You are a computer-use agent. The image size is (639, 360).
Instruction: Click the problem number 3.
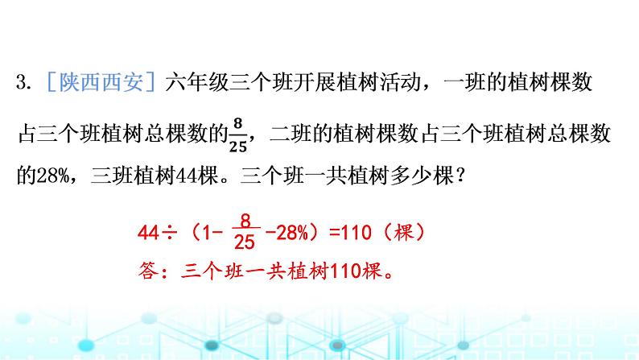[x=23, y=82]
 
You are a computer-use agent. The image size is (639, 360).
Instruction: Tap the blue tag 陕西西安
[x=101, y=82]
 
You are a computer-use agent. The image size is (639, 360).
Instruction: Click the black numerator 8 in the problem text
[x=238, y=122]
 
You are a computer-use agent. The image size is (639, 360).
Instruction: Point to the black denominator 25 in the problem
[x=238, y=147]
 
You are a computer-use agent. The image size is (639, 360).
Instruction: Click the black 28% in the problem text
[x=53, y=176]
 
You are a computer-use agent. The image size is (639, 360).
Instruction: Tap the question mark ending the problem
[x=460, y=176]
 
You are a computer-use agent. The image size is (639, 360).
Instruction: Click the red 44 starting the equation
[x=148, y=234]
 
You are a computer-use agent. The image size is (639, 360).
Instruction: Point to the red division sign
[x=170, y=234]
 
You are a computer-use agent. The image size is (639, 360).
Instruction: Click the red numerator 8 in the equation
[x=245, y=221]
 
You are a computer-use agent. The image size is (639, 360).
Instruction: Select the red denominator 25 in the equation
[x=245, y=242]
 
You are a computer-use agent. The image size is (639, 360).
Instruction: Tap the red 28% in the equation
[x=292, y=234]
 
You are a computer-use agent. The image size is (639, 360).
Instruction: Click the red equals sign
[x=335, y=234]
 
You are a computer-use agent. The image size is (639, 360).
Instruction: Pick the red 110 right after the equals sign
[x=357, y=234]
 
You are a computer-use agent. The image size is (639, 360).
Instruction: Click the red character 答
[x=148, y=271]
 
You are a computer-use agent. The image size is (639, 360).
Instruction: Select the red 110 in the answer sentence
[x=345, y=271]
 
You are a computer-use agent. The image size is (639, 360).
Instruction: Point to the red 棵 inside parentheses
[x=404, y=234]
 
